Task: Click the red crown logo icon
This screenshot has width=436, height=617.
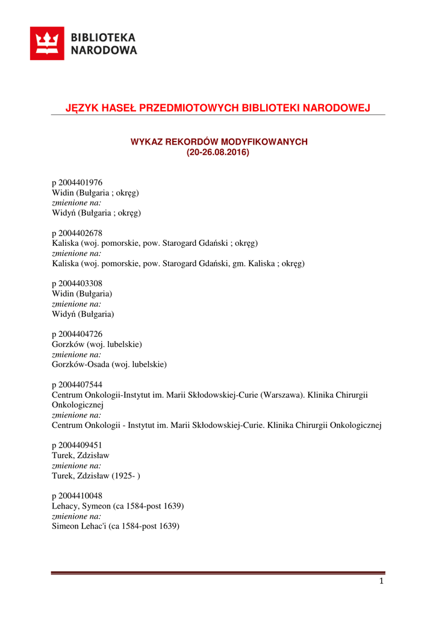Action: pos(47,43)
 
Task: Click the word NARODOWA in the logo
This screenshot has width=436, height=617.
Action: pos(104,51)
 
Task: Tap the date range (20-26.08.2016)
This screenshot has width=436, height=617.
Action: pos(217,152)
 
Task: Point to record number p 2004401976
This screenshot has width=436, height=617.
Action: pos(77,183)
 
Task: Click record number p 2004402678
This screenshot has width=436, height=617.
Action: pos(77,233)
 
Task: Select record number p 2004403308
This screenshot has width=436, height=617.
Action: pos(77,284)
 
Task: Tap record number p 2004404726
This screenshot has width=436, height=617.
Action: pos(77,334)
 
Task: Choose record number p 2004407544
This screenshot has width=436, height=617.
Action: pos(77,385)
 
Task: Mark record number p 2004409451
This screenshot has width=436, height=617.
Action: pos(77,445)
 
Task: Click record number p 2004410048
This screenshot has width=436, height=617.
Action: pos(77,496)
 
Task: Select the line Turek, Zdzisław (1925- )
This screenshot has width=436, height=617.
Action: pos(96,476)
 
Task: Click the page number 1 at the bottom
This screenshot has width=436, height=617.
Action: pos(381,581)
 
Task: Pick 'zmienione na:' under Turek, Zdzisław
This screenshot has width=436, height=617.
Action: pos(76,466)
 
